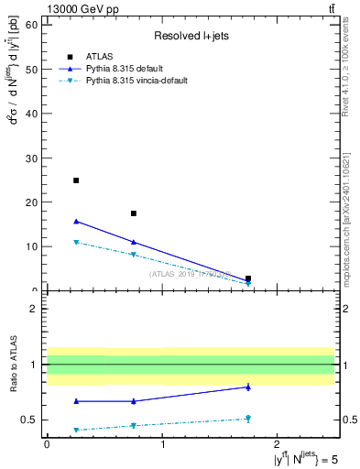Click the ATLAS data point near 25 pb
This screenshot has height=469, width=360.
[x=76, y=180]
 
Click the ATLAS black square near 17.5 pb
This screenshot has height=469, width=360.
[x=134, y=213]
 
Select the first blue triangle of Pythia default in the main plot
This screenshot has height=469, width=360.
[x=76, y=221]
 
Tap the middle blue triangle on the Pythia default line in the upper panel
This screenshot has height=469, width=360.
[x=134, y=242]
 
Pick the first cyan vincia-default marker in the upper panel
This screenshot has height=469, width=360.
[x=76, y=242]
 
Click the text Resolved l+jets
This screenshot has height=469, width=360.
[x=190, y=37]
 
